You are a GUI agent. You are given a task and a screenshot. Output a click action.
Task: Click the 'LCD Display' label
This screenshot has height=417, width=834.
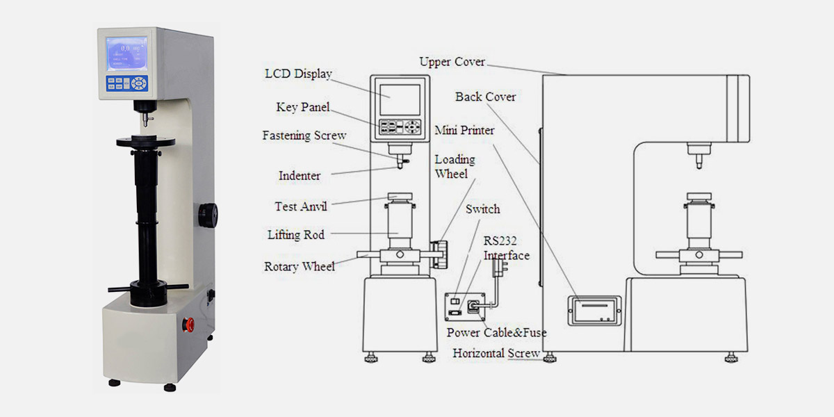coord(299,74)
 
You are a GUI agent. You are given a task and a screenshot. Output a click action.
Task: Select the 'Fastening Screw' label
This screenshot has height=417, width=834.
coord(304,136)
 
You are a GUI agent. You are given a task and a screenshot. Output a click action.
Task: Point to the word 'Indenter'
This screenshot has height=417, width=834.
coord(300,176)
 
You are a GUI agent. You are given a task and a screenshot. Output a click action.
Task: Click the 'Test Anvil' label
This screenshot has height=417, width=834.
coord(301,206)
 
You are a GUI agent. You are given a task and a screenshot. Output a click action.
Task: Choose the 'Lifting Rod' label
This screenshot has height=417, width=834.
coord(296,235)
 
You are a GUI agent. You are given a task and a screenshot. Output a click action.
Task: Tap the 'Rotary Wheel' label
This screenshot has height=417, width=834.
coord(300,266)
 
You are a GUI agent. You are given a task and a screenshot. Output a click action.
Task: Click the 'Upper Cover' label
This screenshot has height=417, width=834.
coord(452,62)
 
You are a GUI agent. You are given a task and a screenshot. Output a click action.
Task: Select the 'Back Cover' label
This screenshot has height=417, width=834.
coord(486,97)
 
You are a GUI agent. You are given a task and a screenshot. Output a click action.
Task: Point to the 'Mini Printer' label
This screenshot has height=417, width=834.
coord(465,130)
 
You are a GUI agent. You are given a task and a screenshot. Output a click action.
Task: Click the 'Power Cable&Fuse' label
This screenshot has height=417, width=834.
coord(496,333)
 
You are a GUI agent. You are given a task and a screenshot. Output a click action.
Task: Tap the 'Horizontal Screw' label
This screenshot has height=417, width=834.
coord(496,353)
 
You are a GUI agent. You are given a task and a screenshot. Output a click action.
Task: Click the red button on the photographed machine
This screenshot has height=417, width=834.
coord(186,323)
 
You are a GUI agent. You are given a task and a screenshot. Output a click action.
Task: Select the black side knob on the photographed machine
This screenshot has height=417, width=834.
coord(207,215)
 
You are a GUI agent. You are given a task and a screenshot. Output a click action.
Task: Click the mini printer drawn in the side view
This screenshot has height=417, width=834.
coord(593,311)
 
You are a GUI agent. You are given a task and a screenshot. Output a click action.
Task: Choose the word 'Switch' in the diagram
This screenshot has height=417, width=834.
coord(483,209)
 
